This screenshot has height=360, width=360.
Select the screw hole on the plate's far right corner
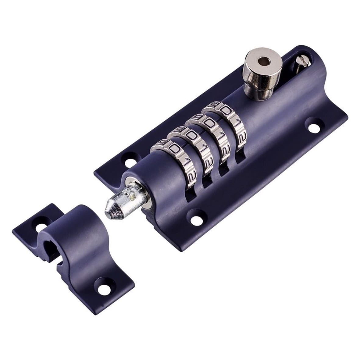(x=313, y=127)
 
